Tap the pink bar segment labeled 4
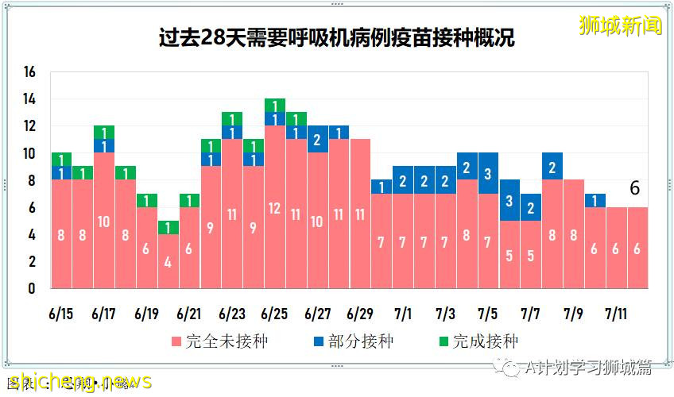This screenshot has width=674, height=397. [168, 261]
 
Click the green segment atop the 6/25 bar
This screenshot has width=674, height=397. [275, 106]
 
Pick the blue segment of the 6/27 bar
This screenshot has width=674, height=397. [318, 139]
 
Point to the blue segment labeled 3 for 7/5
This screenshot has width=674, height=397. [488, 172]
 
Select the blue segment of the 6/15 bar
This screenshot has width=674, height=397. [61, 172]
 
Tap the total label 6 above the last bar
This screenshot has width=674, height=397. [635, 188]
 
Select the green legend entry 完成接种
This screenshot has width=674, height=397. [477, 342]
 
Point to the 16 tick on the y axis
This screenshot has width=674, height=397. [30, 72]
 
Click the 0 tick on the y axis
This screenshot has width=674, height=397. [33, 289]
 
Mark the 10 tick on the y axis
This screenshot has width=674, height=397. [30, 153]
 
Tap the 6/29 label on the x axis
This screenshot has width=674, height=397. [360, 314]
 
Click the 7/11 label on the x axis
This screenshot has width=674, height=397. [617, 314]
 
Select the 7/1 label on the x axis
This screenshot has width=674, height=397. [403, 314]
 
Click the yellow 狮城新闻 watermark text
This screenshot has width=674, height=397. [620, 25]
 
